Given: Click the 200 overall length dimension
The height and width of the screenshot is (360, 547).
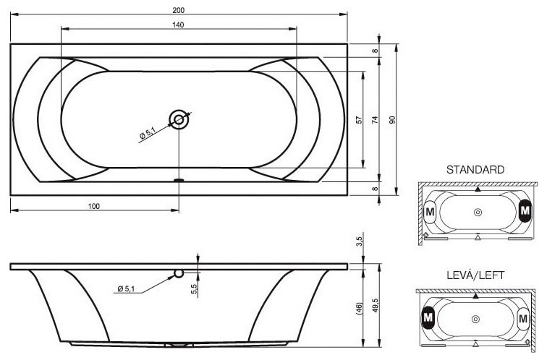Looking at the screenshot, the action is pos(178,10).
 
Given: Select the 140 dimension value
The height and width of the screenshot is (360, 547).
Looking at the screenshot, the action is pos(178,25).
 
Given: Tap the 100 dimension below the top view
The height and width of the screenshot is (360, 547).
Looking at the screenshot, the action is pos(94,206).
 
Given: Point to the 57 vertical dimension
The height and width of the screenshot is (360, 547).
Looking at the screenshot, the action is pos(359,120).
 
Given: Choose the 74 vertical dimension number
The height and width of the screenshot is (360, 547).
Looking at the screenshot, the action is pos(375,120).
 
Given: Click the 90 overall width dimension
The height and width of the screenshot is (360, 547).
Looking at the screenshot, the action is pos(392,120).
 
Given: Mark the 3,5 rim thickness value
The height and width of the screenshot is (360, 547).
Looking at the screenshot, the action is pos(360,241).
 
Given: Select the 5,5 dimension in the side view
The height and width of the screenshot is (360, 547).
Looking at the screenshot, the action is pos(194,289).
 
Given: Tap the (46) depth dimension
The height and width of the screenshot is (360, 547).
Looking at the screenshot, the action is pos(360,309).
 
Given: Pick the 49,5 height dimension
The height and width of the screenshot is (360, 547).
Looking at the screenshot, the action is pos(375,305).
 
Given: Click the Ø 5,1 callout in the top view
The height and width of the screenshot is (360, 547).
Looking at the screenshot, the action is pos(148,134).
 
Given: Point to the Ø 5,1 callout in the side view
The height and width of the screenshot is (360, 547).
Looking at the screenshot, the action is pos(126,288).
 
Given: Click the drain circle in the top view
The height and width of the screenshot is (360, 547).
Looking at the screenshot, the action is pos(179,119).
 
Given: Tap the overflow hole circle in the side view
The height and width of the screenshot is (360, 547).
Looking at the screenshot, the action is pos(179,273).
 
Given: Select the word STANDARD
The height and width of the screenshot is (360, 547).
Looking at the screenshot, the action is pos(475,170).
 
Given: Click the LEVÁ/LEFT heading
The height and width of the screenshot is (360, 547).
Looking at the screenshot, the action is pos(475,275).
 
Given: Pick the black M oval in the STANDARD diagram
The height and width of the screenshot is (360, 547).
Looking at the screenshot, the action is pos(525,210).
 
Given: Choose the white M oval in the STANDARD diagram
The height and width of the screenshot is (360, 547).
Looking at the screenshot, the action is pos(430,212).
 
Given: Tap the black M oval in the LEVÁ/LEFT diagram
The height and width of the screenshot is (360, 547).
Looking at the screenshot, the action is pos(428,317).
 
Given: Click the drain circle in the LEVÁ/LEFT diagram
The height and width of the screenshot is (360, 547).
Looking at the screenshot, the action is pos(475,319).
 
